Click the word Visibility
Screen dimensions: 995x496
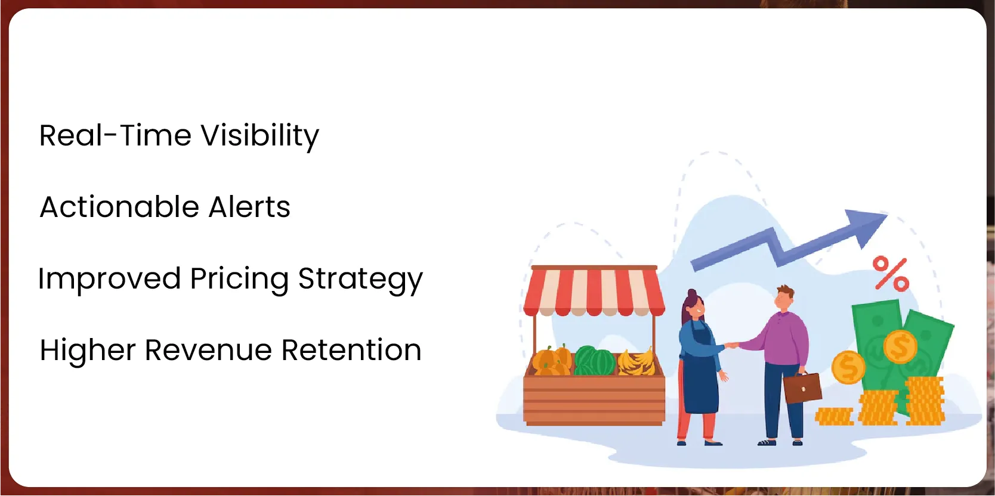point(260,137)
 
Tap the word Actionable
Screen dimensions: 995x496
point(119,207)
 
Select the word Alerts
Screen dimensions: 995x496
point(249,207)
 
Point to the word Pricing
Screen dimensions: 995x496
point(239,280)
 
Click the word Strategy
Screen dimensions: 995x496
point(361,280)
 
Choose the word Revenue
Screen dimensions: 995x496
point(208,351)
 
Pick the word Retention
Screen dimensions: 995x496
point(351,351)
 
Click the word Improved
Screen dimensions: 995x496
point(110,280)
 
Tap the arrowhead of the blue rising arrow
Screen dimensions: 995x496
point(866,226)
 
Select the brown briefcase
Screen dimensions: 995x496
point(802,387)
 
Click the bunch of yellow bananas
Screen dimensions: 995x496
point(637,362)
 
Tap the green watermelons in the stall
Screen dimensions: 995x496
point(594,361)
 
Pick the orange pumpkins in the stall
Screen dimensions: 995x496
point(552,361)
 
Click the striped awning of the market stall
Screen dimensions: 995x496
point(594,292)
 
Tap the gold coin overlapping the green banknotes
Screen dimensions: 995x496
point(900,347)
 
